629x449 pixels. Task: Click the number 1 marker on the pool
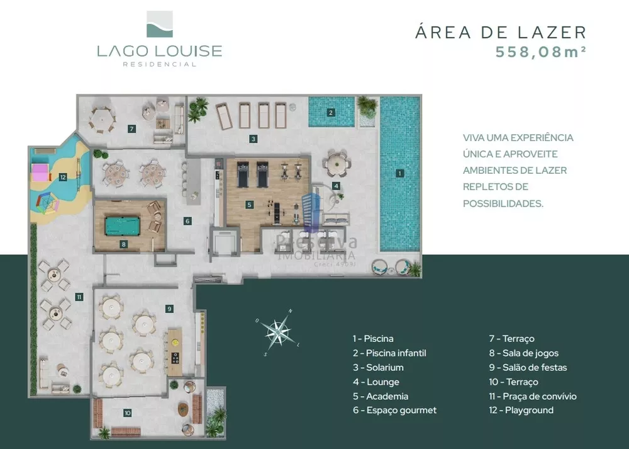400,173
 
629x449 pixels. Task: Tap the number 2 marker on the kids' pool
331,113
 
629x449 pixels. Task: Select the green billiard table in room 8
123,225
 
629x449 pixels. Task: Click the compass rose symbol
277,331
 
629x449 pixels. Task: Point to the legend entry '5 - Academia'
381,396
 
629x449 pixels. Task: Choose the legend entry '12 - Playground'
521,411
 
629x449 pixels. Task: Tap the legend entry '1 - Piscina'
373,339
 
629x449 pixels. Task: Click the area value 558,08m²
541,52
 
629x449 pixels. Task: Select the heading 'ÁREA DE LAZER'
501,32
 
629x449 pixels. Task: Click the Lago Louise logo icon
159,24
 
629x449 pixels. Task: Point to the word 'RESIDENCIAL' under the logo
159,64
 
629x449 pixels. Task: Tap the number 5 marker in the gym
250,205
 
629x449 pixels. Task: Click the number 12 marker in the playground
63,178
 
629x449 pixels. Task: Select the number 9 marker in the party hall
169,309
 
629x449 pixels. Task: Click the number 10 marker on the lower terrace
128,413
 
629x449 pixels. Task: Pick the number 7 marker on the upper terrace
131,129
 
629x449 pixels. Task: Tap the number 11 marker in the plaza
79,297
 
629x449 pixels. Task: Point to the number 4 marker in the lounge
337,186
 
